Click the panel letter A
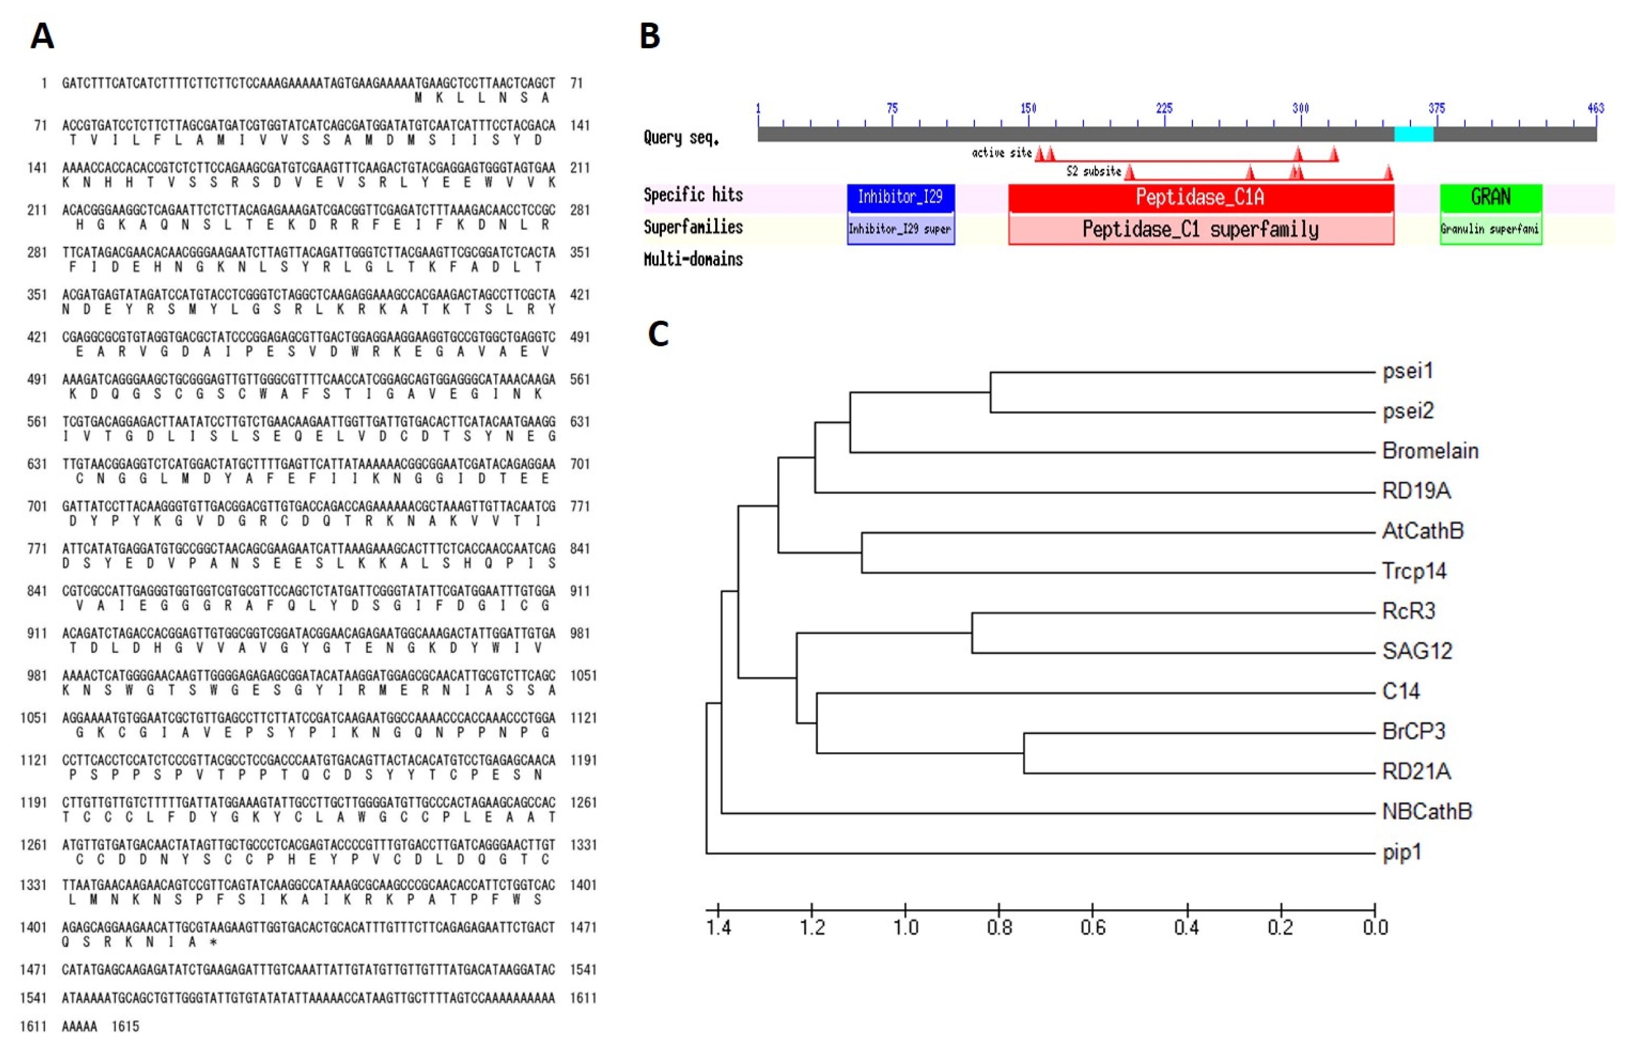[x=42, y=36]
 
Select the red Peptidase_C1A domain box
[x=1201, y=197]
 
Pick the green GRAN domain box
[x=1491, y=197]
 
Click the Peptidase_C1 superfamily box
[x=1201, y=229]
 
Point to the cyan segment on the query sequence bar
[x=1414, y=134]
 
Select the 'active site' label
[x=1002, y=153]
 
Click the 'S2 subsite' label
[x=1093, y=171]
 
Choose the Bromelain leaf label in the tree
[x=1430, y=451]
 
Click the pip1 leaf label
[x=1402, y=853]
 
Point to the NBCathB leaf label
[x=1427, y=812]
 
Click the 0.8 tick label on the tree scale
[x=999, y=927]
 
